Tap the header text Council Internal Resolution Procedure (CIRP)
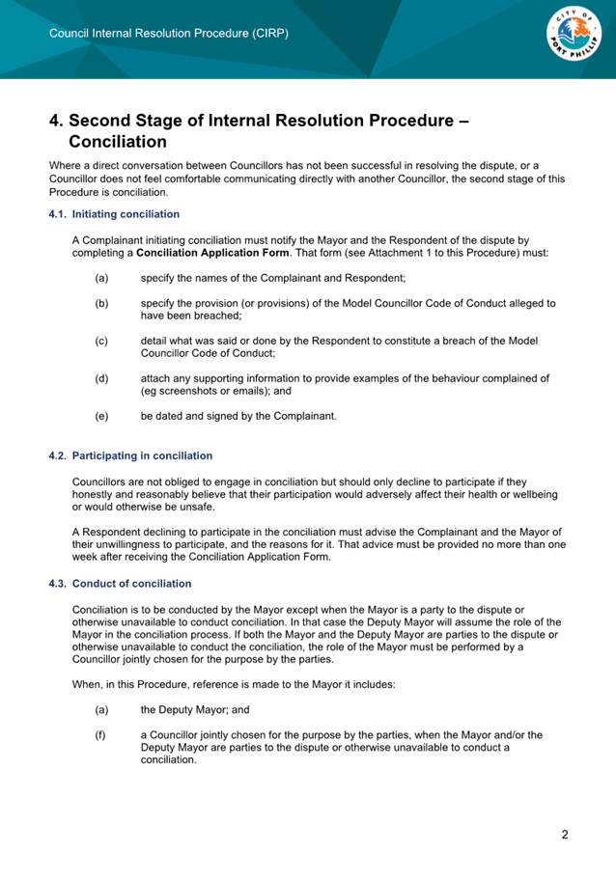tap(169, 33)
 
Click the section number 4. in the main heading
tap(57, 122)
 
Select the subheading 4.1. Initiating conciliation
tap(114, 214)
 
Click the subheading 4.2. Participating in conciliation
tap(130, 455)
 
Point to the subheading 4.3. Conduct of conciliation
tap(120, 584)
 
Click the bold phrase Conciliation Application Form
tap(212, 253)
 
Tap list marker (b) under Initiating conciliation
tap(101, 303)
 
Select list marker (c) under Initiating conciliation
tap(101, 341)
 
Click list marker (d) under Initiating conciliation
tap(101, 378)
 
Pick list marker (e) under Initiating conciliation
tap(101, 416)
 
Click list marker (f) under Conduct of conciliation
tap(101, 735)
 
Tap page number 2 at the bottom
tap(565, 835)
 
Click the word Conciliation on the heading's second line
tap(118, 143)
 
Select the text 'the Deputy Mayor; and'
tap(195, 709)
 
